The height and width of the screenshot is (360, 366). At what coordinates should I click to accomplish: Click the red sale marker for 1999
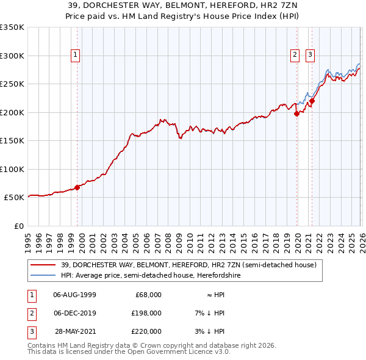pyautogui.click(x=77, y=187)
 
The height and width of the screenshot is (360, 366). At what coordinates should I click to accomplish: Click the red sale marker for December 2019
pyautogui.click(x=296, y=113)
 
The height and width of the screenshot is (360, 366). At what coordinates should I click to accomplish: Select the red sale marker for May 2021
pyautogui.click(x=312, y=101)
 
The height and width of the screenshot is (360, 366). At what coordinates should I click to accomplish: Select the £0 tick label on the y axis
pyautogui.click(x=18, y=226)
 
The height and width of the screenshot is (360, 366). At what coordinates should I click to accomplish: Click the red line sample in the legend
pyautogui.click(x=43, y=265)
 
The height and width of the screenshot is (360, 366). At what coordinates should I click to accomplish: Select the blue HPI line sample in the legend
pyautogui.click(x=43, y=276)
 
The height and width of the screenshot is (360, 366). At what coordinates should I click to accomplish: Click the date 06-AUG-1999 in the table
pyautogui.click(x=74, y=295)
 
